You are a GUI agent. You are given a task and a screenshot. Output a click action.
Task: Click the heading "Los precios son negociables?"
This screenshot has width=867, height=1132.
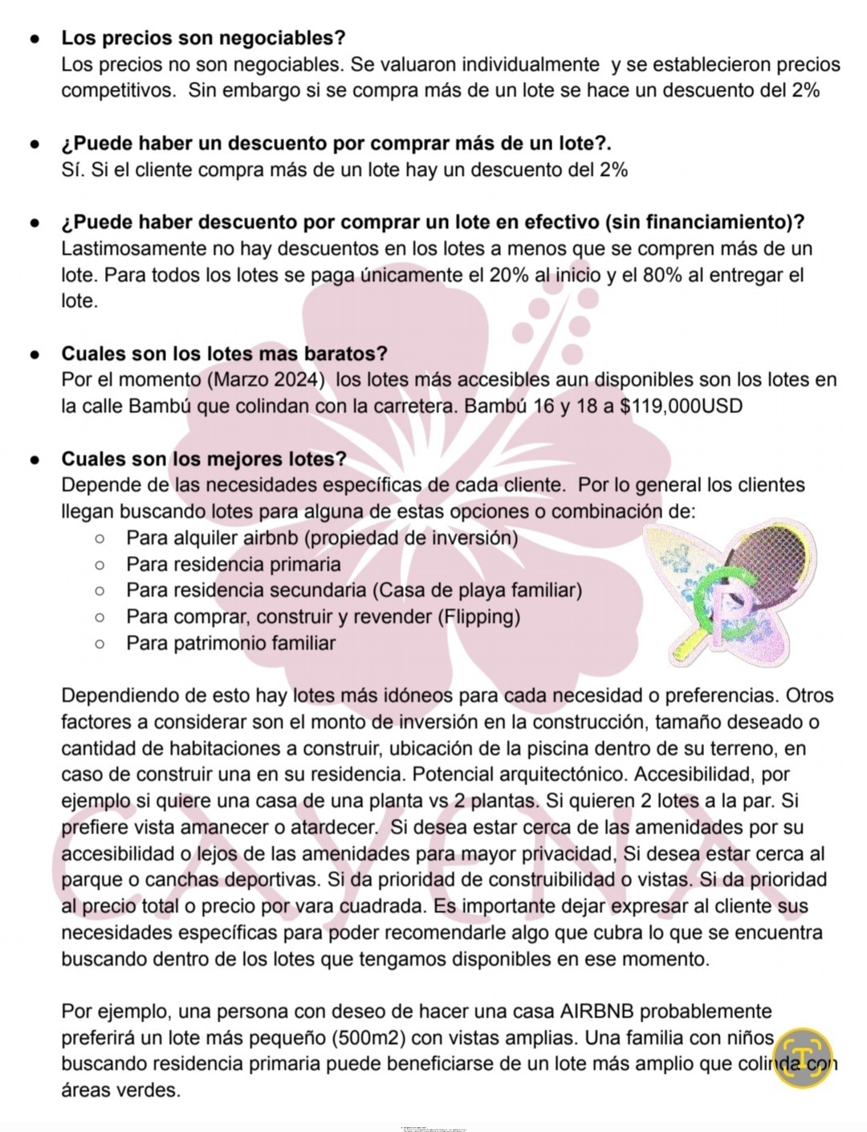click(x=203, y=38)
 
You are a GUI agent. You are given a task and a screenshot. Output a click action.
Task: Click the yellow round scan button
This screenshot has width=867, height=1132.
click(x=803, y=1056)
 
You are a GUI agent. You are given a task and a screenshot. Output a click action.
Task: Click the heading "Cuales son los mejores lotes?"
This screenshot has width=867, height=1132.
click(x=204, y=459)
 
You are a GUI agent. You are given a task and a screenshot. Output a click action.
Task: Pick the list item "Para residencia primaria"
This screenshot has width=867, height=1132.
click(x=233, y=565)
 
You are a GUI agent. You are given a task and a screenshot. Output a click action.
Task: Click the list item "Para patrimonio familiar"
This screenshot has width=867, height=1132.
click(x=230, y=644)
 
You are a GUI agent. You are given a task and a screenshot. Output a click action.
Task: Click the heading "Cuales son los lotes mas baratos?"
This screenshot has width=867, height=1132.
click(x=225, y=353)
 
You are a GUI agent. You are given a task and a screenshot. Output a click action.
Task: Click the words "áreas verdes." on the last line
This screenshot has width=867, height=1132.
click(x=120, y=1091)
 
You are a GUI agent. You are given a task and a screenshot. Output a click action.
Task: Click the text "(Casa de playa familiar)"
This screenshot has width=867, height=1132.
click(x=477, y=591)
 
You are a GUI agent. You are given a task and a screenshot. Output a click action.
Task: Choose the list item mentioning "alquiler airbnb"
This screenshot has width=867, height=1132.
click(x=321, y=538)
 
